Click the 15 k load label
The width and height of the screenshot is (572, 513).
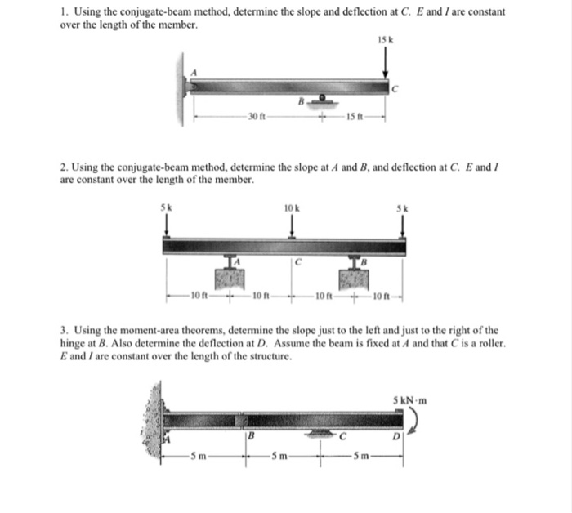click(x=385, y=40)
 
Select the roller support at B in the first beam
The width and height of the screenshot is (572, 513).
click(x=323, y=99)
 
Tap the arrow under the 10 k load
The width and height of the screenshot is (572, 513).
click(x=293, y=226)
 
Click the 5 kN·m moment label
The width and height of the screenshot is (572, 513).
click(x=411, y=399)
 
